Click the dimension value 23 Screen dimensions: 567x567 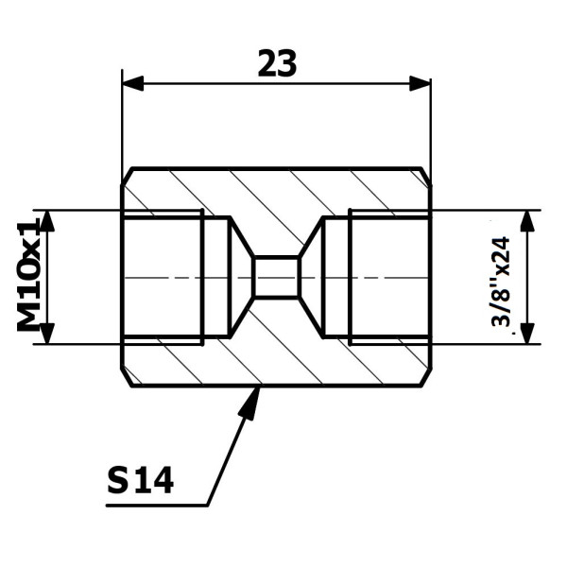277,64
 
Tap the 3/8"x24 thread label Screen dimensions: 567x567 501,282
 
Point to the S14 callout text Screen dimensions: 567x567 140,481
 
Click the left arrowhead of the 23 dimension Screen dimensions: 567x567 133,83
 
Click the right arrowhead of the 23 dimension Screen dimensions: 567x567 420,83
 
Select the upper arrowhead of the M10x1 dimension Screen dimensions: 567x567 47,220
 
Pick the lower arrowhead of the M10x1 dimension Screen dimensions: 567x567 47,334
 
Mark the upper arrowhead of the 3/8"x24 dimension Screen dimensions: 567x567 528,220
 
